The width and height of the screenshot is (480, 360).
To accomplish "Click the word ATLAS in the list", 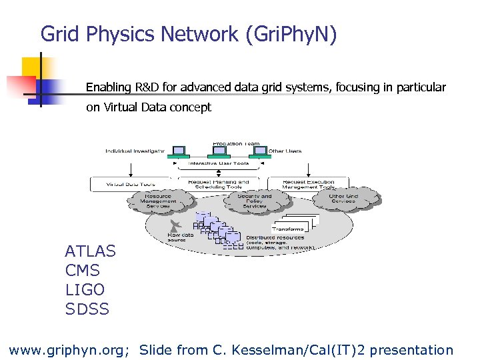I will [x=90, y=251].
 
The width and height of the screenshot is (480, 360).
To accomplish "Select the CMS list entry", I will [x=83, y=271].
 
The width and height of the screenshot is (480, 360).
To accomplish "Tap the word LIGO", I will [x=85, y=290].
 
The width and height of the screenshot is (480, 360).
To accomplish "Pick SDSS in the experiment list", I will [x=87, y=309].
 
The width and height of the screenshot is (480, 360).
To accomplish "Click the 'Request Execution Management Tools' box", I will [x=307, y=184].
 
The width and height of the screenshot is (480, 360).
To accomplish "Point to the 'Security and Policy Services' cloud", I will [x=254, y=201].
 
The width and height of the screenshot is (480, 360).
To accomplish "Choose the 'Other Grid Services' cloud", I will [x=344, y=199].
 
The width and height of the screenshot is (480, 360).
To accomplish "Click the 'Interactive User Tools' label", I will [x=219, y=163].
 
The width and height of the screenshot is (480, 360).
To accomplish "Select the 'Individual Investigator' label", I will [x=134, y=151].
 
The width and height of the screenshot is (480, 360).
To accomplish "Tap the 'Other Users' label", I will [x=285, y=151].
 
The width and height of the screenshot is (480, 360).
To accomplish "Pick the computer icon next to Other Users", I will [x=259, y=151].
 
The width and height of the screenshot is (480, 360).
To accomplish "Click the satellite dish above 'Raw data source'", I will [x=175, y=225].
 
